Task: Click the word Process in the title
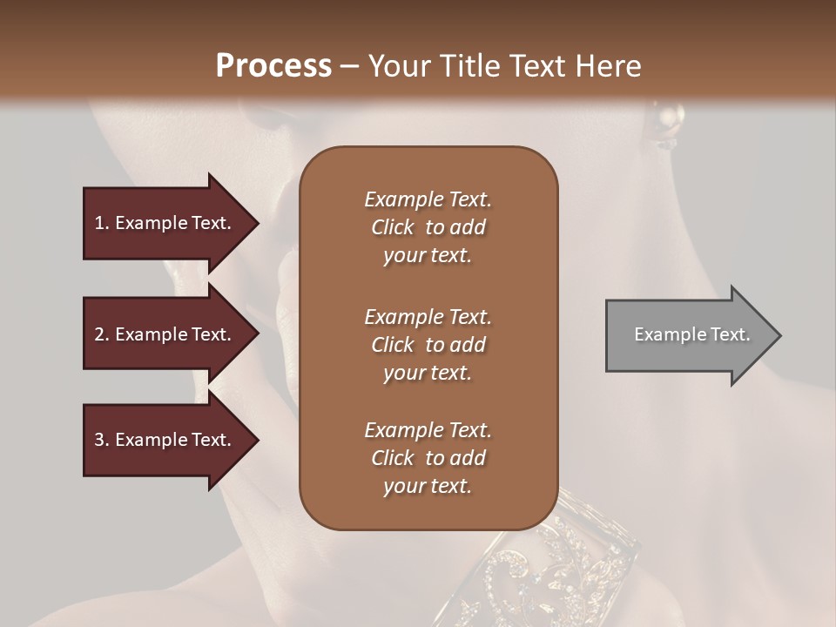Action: [x=273, y=66]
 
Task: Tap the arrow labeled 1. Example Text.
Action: [x=165, y=223]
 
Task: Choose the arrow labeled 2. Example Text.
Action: [x=165, y=334]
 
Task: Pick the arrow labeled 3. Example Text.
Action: [x=165, y=440]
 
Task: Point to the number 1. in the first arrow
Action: [x=101, y=223]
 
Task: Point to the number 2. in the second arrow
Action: [x=101, y=334]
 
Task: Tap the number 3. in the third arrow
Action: [x=101, y=440]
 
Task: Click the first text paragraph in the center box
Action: [x=428, y=227]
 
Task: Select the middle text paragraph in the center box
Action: [x=428, y=344]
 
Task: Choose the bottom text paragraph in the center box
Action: [x=428, y=458]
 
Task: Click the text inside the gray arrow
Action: [x=691, y=334]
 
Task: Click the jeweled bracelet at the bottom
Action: [x=566, y=557]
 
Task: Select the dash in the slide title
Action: [x=350, y=66]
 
